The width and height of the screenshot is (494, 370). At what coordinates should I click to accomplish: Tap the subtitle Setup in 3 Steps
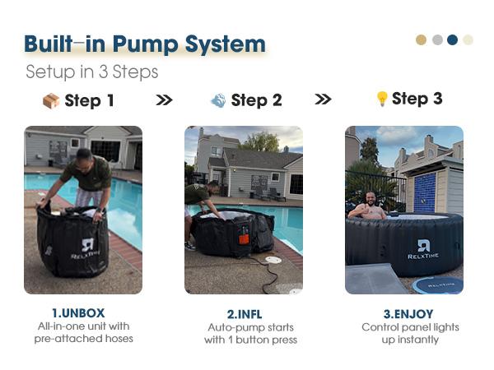[x=92, y=72]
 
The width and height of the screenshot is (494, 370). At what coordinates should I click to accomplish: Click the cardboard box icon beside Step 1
[x=51, y=100]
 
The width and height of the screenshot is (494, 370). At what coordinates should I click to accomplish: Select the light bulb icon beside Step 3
[x=381, y=99]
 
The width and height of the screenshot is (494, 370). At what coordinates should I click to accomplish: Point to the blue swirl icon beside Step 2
[x=218, y=100]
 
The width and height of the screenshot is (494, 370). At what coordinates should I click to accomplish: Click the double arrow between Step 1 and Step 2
[x=164, y=100]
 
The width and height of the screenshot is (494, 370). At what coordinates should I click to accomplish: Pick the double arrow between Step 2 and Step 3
[x=323, y=99]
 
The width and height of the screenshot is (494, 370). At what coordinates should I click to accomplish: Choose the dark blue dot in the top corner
[x=452, y=39]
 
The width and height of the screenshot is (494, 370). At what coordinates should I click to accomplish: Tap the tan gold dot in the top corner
[x=422, y=39]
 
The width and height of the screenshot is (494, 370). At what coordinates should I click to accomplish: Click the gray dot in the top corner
[x=438, y=39]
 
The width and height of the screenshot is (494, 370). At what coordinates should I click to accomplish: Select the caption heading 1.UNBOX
[x=78, y=313]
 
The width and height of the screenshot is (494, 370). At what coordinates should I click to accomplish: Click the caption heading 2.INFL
[x=245, y=314]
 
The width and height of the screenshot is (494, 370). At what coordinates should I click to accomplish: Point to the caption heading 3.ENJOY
[x=408, y=314]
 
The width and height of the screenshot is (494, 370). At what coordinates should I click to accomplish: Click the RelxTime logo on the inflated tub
[x=423, y=249]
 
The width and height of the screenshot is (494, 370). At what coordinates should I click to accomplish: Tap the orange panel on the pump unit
[x=244, y=239]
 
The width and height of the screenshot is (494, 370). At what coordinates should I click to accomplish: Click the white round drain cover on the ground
[x=273, y=260]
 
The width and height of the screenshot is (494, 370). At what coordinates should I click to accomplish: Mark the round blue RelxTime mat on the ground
[x=438, y=285]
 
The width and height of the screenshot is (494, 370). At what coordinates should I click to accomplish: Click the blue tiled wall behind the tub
[x=424, y=192]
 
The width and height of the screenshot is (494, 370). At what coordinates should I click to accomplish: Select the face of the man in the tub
[x=371, y=199]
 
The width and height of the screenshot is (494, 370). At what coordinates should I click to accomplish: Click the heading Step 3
[x=417, y=99]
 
